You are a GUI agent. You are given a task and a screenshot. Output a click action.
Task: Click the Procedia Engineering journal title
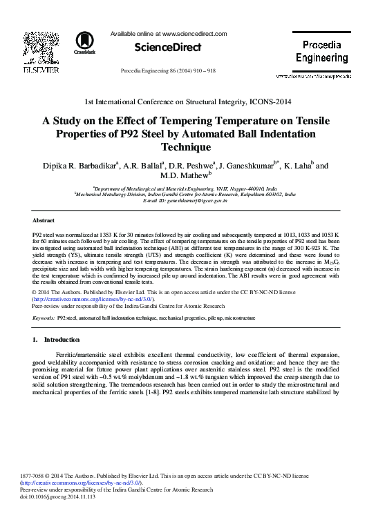[326, 51]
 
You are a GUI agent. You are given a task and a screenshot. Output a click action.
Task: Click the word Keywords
[44, 318]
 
